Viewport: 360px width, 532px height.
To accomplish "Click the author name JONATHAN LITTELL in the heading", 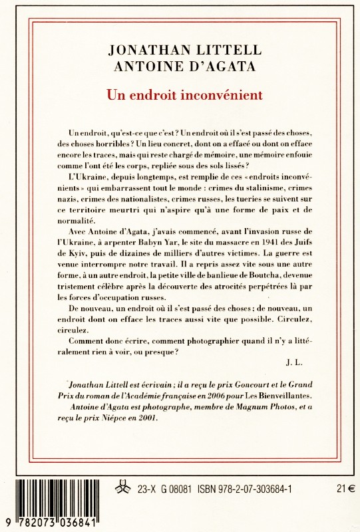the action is (180, 49).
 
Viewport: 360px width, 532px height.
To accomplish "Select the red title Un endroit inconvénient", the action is (180, 94).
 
